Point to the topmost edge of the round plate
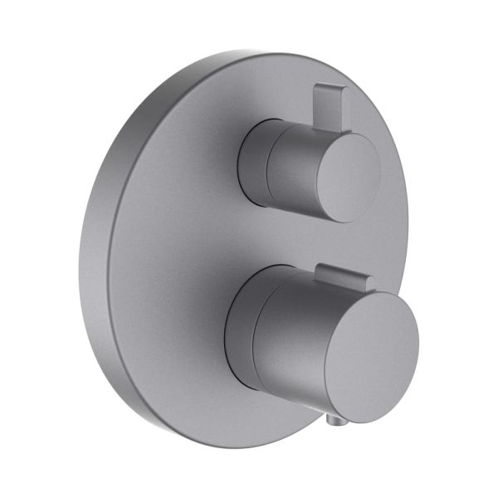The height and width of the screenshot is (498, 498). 249,51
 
